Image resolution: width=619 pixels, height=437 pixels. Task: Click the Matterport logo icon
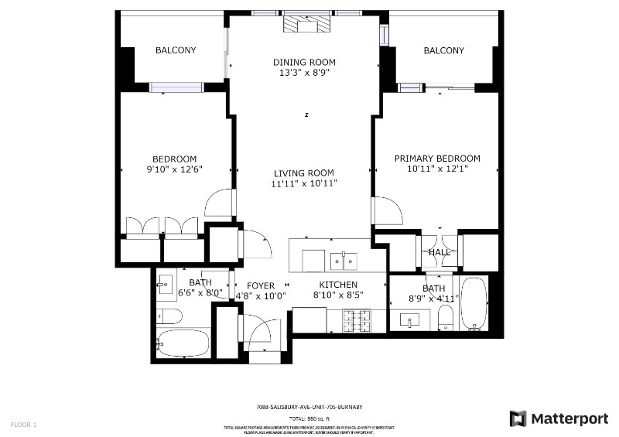(x=518, y=418)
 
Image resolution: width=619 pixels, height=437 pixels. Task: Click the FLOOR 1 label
(x=23, y=425)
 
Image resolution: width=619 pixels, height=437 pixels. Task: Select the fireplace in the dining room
(x=307, y=26)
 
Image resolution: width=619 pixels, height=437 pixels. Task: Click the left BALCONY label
(x=176, y=50)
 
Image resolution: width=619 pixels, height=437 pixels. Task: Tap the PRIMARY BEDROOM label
(x=437, y=159)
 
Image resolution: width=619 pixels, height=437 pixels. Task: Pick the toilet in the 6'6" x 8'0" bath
(x=168, y=316)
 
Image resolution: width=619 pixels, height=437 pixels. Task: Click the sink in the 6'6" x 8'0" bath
(x=166, y=285)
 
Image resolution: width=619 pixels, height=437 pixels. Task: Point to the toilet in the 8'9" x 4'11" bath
(x=445, y=316)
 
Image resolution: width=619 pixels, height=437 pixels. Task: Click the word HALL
(x=439, y=253)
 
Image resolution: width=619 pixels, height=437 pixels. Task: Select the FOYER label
(x=261, y=285)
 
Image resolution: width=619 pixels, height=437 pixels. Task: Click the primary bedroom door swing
(x=385, y=210)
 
